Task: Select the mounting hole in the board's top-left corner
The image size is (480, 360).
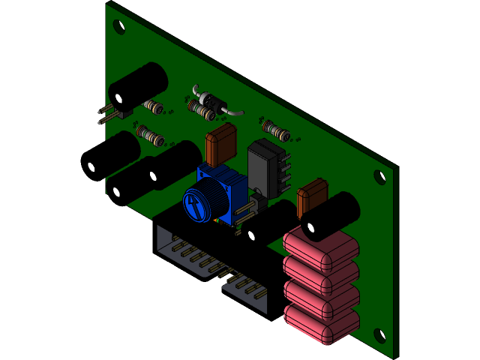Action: coord(118,26)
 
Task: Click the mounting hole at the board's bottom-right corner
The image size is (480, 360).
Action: coord(379,337)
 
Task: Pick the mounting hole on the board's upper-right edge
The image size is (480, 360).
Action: coord(379,178)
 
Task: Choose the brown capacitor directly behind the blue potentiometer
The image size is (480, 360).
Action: coord(221,144)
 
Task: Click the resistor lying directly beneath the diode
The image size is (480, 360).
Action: coord(201,110)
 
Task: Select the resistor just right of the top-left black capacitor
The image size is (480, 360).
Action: coord(154,106)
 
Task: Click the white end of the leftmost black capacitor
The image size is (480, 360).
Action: coord(91,166)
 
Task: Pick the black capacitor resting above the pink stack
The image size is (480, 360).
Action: coord(330,216)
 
